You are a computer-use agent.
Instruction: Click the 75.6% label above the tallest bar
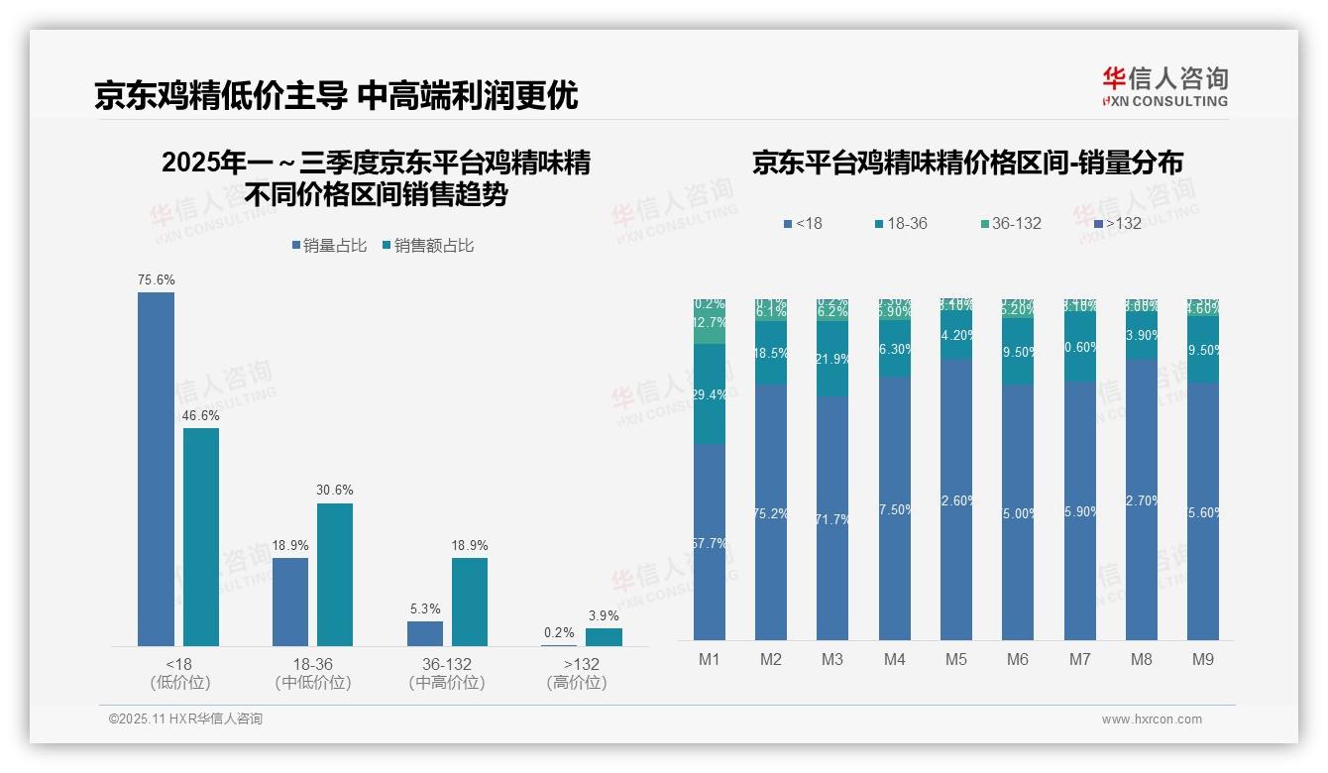[156, 280]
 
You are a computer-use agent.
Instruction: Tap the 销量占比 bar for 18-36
[290, 602]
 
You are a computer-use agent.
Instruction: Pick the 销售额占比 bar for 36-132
[470, 602]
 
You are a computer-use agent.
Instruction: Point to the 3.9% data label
[604, 616]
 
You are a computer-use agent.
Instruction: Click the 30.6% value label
[335, 491]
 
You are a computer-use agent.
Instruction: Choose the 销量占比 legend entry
[329, 246]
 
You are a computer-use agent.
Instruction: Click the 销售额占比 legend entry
[427, 246]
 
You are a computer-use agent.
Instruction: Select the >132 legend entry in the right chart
[1116, 224]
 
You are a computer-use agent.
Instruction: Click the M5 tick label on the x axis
[955, 659]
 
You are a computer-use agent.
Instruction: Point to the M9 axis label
[1202, 659]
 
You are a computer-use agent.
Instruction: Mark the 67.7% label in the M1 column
[710, 544]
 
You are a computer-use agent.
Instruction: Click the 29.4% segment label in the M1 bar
[710, 395]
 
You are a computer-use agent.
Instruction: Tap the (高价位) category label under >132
[576, 683]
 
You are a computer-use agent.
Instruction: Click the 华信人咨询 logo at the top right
[1164, 86]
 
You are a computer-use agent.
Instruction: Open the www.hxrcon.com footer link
[1152, 719]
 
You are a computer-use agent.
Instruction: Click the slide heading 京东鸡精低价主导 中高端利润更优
[336, 96]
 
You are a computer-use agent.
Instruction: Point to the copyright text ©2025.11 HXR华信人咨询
[185, 719]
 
